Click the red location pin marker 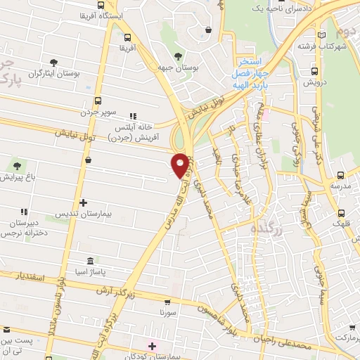[181, 165]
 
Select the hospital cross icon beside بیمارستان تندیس [82, 202]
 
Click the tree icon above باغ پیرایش [16, 166]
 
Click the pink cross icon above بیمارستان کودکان [152, 346]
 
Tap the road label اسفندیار [30, 276]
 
